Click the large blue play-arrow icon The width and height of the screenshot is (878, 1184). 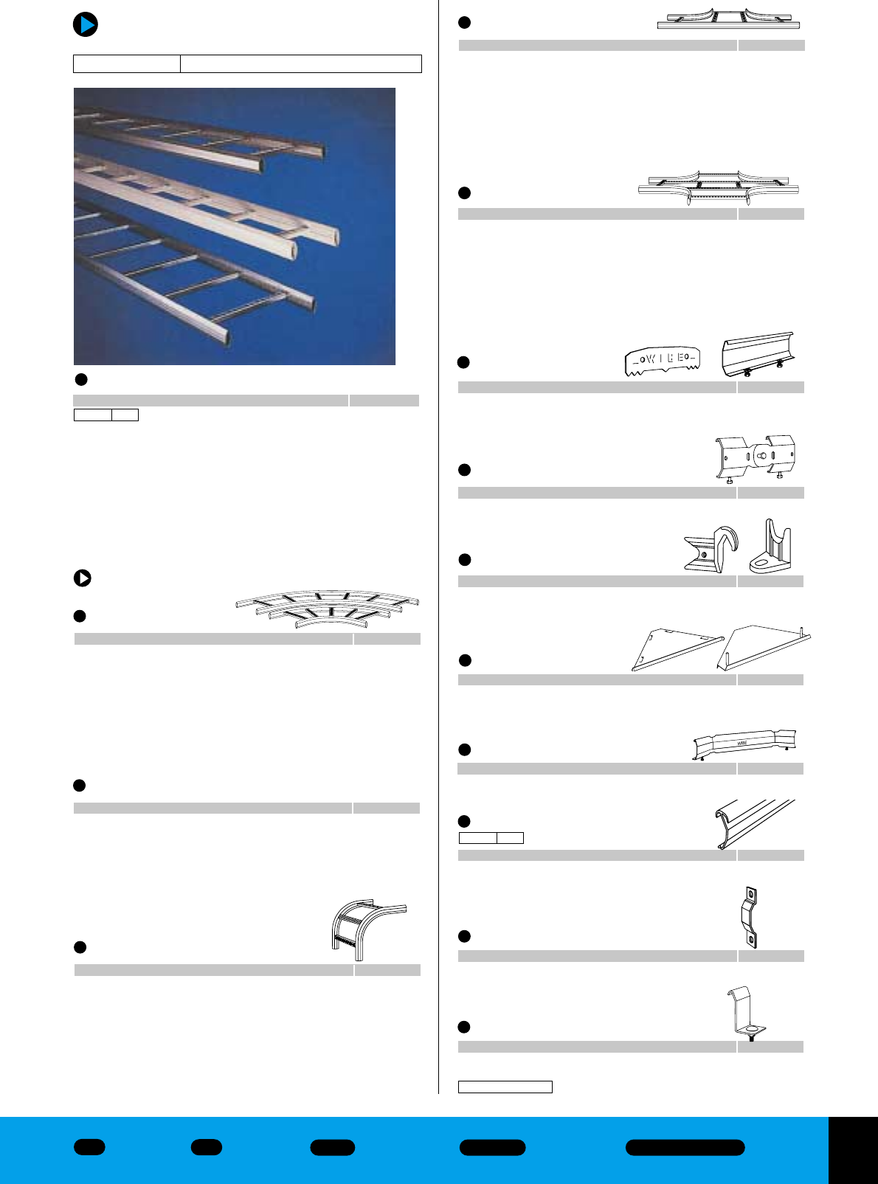86,24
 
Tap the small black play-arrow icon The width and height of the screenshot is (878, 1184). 83,578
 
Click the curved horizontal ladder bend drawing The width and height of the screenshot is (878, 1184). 328,606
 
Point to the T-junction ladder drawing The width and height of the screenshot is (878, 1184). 728,19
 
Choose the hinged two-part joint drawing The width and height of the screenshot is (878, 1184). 755,457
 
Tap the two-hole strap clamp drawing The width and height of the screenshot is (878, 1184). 750,918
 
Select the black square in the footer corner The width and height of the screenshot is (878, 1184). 853,1150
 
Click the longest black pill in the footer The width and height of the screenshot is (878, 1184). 685,1147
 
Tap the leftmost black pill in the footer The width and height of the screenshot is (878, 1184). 89,1147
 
